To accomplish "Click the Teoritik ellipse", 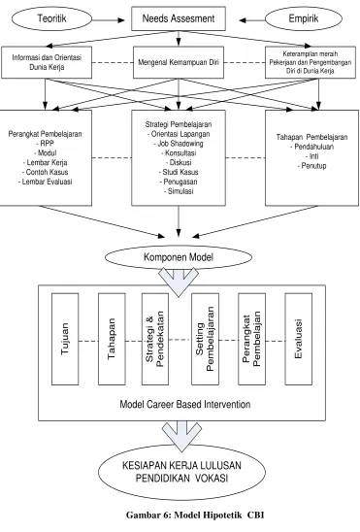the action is coord(51,18).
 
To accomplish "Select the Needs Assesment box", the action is coord(179,18).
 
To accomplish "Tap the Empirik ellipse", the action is coord(304,18).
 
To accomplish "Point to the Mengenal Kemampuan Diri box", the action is coord(179,62).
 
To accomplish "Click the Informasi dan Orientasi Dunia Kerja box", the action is coord(47,62).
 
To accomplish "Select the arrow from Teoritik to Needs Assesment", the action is coord(108,20).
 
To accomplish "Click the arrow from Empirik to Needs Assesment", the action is coord(252,20).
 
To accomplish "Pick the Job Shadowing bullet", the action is coord(179,144).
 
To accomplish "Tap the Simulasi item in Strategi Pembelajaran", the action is coord(179,191).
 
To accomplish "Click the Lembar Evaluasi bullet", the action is coord(45,182).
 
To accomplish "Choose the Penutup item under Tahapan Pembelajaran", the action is coord(311,166).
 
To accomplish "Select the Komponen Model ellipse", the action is coord(179,257).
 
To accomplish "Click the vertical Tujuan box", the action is coord(65,339).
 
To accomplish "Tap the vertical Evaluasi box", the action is coord(299,339).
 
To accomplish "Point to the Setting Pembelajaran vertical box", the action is coord(205,339).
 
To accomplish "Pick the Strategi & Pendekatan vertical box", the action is coord(155,339).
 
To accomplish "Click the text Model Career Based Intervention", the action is coord(185,404).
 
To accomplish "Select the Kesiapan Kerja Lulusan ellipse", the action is coord(181,472).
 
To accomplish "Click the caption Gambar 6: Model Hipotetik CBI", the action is coord(195,515).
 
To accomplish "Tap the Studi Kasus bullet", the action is coord(179,172).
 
